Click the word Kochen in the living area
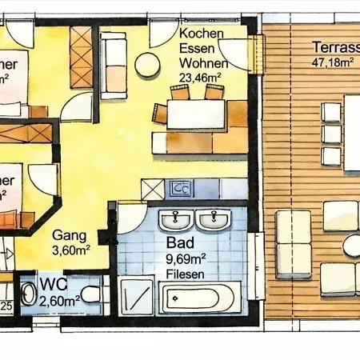tap(200, 34)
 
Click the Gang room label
tap(70, 235)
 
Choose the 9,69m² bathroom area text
tap(186, 258)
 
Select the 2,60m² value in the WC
tap(59, 301)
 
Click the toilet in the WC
tap(91, 294)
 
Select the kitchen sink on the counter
tap(180, 189)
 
